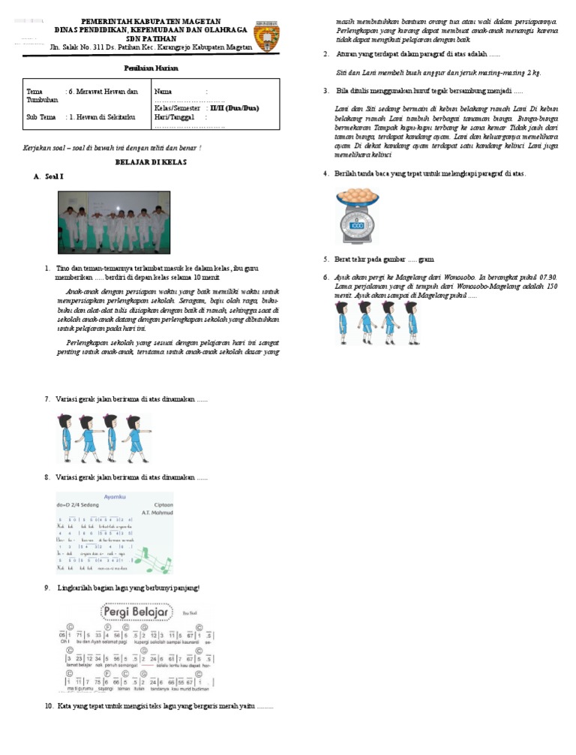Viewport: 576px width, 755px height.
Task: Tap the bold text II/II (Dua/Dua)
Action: tap(234, 108)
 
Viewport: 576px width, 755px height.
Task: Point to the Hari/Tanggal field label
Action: tap(174, 117)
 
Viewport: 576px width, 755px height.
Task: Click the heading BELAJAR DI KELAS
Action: tap(151, 161)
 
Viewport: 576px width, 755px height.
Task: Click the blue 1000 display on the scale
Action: tap(357, 225)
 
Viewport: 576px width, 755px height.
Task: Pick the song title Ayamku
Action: tap(100, 497)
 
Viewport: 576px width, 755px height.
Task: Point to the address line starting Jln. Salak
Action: tap(151, 47)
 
